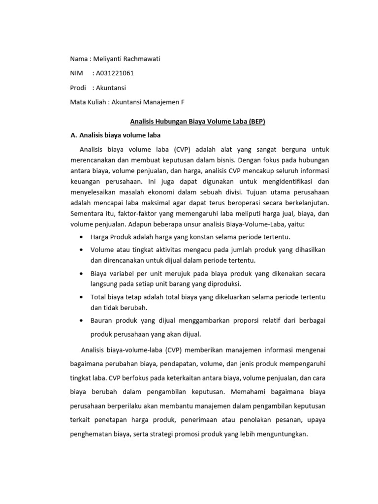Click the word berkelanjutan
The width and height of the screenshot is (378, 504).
(306, 202)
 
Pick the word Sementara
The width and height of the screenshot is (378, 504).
(87, 213)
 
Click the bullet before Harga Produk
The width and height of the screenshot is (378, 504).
(81, 237)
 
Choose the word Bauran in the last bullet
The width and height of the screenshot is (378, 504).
(101, 320)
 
